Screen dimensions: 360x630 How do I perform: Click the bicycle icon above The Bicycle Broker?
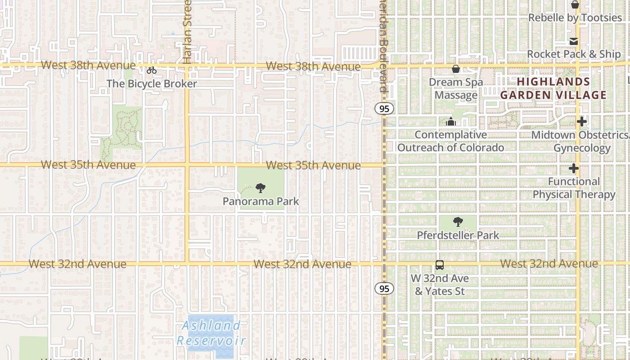tap(152, 70)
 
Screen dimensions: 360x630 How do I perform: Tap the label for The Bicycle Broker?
tap(152, 84)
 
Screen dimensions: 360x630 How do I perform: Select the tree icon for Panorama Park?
tap(260, 188)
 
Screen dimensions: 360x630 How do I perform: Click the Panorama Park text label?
tap(261, 201)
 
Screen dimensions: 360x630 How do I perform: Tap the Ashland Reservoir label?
tap(211, 333)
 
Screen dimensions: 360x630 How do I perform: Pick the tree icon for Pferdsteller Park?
tap(458, 222)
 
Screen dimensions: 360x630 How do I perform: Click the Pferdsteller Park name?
tap(458, 235)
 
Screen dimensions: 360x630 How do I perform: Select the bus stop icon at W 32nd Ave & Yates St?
tap(440, 265)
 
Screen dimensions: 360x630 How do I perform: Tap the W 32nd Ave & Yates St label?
tap(440, 285)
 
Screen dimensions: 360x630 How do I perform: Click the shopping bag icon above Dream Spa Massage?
tap(456, 69)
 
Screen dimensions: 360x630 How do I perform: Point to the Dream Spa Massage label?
tap(456, 89)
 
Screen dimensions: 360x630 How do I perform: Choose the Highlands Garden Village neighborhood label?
tap(553, 88)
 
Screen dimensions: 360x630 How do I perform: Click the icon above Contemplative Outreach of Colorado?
tap(450, 121)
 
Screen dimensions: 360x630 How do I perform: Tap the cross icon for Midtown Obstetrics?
tap(582, 121)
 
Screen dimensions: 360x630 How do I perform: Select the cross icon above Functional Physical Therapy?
tap(574, 169)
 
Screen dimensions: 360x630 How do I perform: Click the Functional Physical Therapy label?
tap(574, 188)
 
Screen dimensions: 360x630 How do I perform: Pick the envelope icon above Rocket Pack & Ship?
tap(574, 41)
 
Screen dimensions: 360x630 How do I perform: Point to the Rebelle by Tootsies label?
tap(575, 18)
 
